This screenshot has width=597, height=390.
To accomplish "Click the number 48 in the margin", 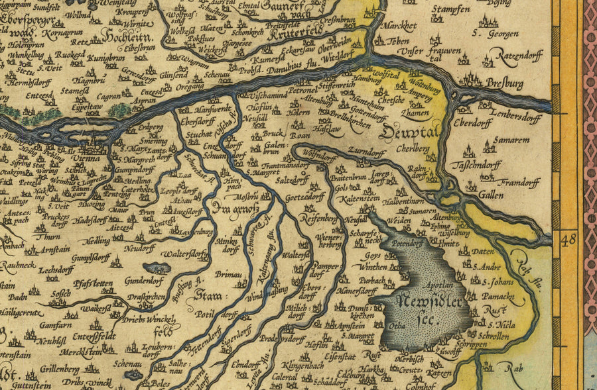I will coord(569,238).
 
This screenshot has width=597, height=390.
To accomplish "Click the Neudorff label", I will coord(140,247).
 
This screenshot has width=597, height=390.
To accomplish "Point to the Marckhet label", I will coord(400,27).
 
